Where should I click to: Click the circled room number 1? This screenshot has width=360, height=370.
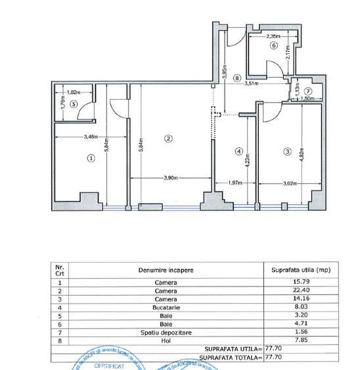tap(91, 158)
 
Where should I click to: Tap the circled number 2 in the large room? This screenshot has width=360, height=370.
tap(168, 138)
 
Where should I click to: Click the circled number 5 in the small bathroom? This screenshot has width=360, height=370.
tap(74, 104)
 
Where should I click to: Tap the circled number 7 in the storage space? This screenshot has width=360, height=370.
tap(308, 91)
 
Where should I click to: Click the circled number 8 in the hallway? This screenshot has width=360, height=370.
tap(236, 77)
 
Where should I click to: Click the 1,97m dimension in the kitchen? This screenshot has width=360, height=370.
tap(235, 183)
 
